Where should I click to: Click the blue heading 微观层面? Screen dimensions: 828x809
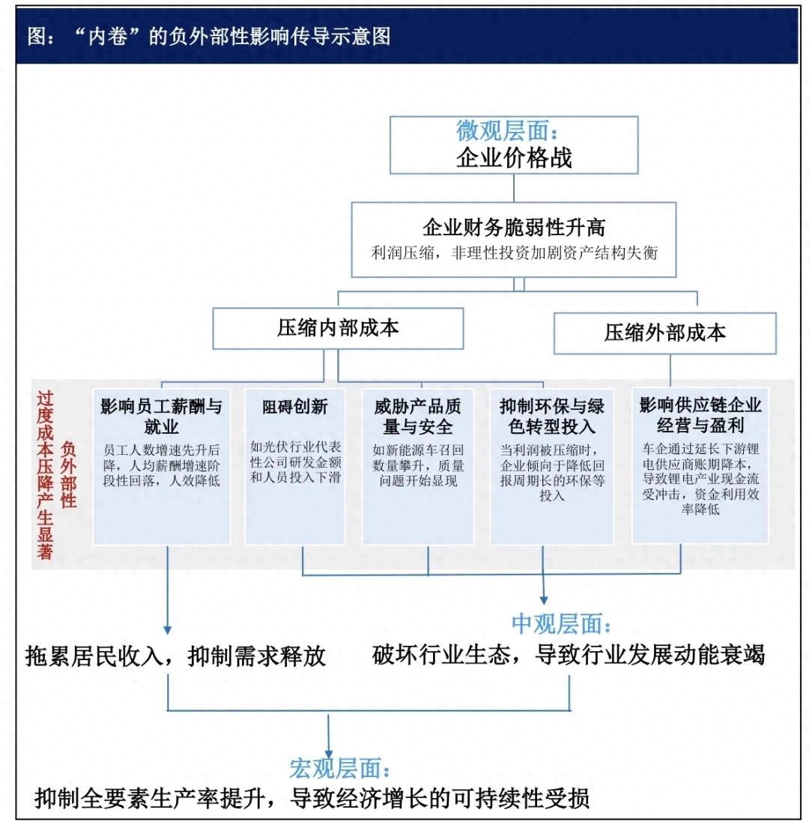tap(506, 130)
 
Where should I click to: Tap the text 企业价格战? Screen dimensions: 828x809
tap(514, 158)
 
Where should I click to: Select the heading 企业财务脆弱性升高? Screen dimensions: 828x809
tap(514, 227)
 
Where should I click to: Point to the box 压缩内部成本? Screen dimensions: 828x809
tap(338, 328)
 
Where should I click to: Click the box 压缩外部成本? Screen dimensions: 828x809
tap(664, 333)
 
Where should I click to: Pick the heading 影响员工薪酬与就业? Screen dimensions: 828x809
tap(161, 417)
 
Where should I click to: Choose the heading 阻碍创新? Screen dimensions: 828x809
tap(294, 407)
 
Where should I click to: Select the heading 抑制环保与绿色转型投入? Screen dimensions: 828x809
tap(551, 417)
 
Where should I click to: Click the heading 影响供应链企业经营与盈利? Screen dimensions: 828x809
tap(700, 415)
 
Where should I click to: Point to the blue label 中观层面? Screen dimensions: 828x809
tap(562, 623)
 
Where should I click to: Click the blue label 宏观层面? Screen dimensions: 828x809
tap(339, 768)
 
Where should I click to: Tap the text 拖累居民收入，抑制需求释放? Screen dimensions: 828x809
tap(176, 656)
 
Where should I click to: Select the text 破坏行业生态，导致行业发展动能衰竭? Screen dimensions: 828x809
tap(568, 654)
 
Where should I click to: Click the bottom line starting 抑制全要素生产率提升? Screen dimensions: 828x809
tap(312, 798)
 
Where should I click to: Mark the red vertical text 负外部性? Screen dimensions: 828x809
tap(68, 474)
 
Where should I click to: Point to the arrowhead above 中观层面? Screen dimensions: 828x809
tap(543, 599)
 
